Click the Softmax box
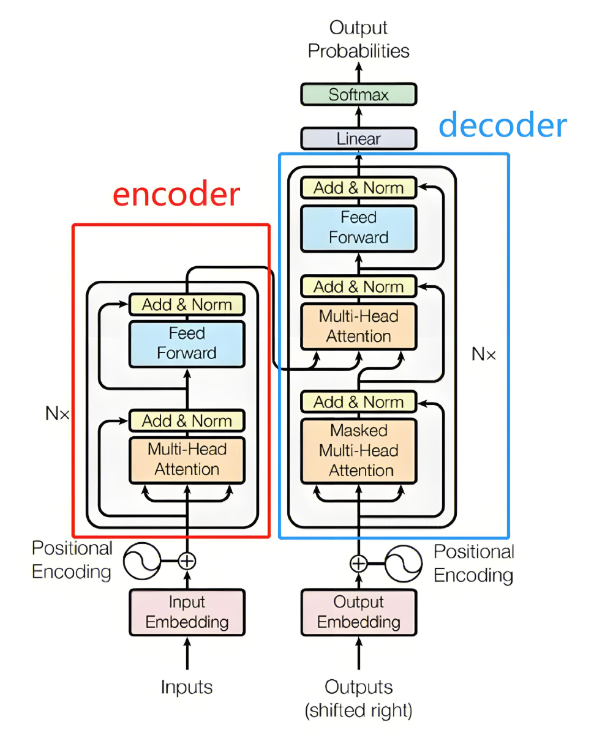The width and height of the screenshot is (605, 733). (358, 94)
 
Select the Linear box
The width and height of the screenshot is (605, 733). (358, 138)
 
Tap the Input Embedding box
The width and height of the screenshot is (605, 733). (187, 612)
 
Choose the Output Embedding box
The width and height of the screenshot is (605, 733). (358, 612)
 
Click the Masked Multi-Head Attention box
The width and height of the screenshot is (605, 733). (358, 451)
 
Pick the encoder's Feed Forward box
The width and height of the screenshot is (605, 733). (187, 344)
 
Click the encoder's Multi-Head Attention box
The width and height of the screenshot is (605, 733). (187, 460)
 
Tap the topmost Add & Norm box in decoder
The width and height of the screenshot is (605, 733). (358, 187)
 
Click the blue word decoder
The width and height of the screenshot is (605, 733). (503, 125)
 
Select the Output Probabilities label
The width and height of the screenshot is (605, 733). (358, 39)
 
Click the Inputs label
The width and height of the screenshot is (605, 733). (187, 687)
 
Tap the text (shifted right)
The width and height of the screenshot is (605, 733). (358, 710)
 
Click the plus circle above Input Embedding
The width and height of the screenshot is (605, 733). (187, 561)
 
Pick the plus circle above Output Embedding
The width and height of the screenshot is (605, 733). (358, 564)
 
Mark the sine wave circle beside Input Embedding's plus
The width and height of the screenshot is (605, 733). (142, 561)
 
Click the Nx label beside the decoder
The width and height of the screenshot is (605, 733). (484, 354)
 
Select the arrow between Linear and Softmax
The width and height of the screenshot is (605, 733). (358, 116)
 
